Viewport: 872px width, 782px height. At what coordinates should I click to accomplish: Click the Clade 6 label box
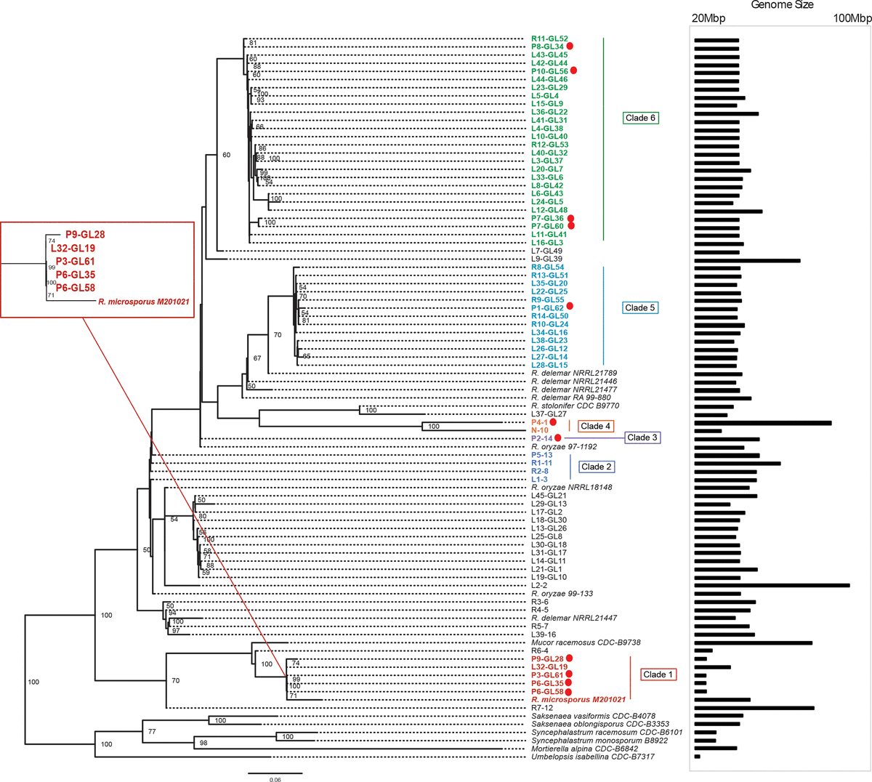641,118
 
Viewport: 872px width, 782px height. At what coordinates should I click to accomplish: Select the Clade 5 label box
639,307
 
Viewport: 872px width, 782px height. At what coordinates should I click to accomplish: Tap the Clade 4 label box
596,426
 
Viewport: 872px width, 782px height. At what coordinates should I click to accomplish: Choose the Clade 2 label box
596,467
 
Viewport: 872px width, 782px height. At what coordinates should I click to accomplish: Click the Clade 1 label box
658,674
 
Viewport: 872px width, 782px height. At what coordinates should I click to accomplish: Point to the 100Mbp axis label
852,18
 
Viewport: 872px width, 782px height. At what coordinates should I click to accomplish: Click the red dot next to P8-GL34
580,47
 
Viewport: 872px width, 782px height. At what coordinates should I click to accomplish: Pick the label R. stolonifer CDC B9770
575,406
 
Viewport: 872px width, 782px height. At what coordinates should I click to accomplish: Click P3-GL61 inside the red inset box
75,261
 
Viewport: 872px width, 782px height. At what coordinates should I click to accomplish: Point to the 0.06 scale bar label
275,779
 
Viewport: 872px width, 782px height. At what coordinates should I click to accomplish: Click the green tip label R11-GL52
549,39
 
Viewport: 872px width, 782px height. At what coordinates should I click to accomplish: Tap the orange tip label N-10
540,430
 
